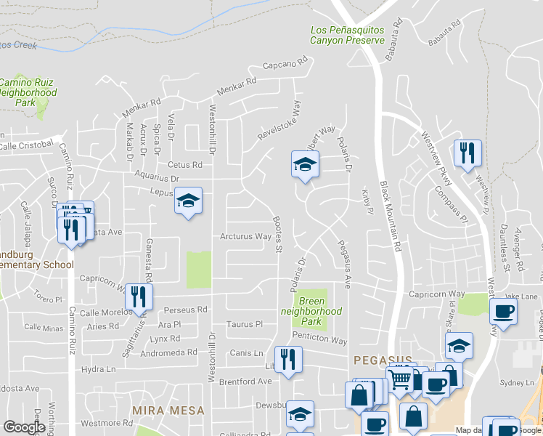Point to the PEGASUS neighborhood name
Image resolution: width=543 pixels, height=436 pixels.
383,360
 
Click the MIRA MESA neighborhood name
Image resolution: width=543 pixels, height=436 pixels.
169,411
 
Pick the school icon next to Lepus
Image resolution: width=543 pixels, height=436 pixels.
188,201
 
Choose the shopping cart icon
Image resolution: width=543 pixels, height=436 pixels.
400,378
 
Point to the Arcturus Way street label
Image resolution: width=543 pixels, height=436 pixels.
246,236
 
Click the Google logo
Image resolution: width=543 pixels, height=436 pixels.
24,427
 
